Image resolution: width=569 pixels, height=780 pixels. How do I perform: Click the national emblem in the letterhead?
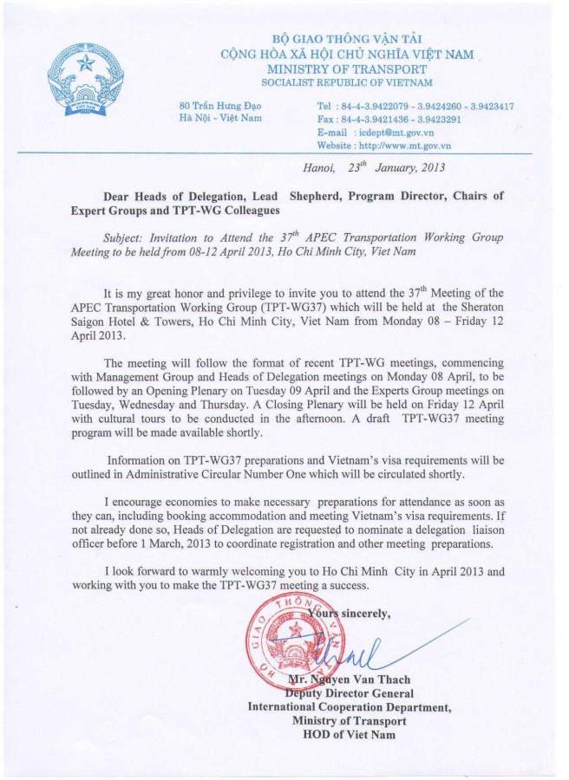85,81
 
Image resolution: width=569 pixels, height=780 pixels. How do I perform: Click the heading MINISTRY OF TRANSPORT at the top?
347,68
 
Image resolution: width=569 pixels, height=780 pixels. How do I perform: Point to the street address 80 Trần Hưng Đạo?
214,106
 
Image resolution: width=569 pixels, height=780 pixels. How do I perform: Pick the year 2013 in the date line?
431,168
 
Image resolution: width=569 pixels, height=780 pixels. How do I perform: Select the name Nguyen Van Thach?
356,679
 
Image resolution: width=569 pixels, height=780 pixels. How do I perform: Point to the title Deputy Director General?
349,693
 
